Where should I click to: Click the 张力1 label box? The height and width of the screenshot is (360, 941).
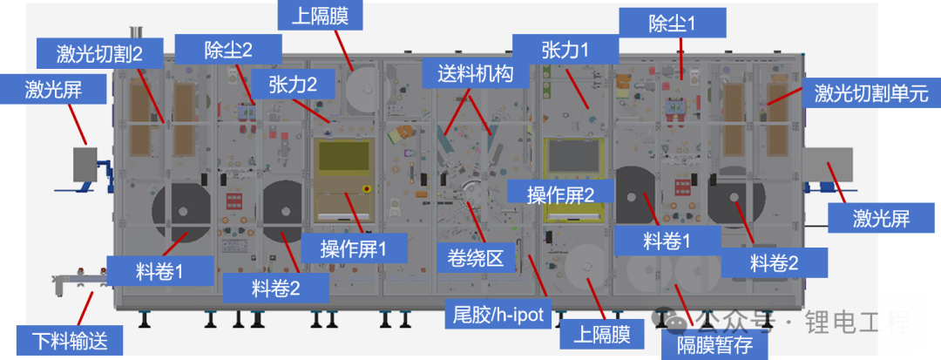click(565, 50)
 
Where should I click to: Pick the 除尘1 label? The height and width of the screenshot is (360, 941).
click(672, 23)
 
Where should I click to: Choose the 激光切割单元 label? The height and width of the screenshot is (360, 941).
click(871, 92)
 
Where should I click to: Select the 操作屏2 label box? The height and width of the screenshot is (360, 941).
click(560, 194)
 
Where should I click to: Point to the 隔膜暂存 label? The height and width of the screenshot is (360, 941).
click(715, 345)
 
